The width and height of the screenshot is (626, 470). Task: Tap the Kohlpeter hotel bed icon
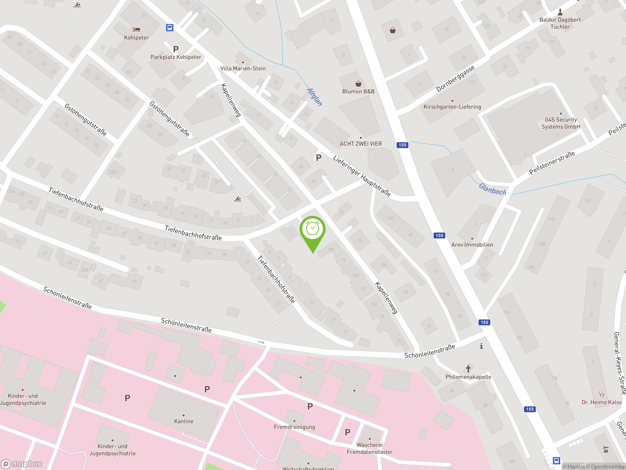coord(136,29)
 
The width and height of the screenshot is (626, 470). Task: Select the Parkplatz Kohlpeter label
coord(176,57)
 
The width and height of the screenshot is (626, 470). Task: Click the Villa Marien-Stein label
coord(243,69)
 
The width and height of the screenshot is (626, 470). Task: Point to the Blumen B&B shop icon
coord(358,83)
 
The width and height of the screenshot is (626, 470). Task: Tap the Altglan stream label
coord(314,97)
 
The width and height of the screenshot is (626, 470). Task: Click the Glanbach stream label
coord(492,189)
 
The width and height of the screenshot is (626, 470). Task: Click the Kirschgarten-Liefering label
coord(452,107)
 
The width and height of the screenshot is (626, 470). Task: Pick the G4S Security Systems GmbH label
coord(560,123)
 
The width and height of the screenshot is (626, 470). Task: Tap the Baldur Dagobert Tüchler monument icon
coord(560,12)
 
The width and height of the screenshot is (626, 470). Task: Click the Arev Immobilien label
coord(472,245)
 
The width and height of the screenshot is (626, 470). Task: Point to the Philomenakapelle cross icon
coord(468,369)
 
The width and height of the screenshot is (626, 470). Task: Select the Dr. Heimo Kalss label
coord(601,402)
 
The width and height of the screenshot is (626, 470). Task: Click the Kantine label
coord(184,421)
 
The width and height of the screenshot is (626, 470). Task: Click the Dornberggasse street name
coord(455,79)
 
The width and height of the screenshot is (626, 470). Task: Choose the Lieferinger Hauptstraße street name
coord(362,176)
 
